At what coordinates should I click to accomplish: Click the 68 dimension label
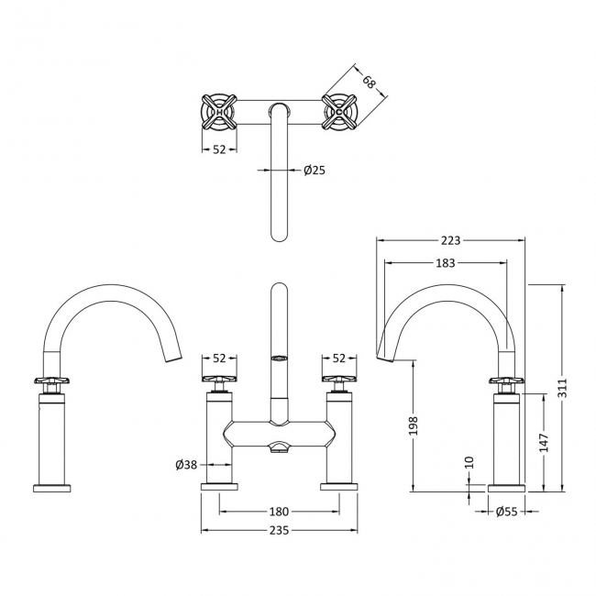pyautogui.click(x=370, y=83)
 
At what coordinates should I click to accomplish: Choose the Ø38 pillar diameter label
pyautogui.click(x=187, y=464)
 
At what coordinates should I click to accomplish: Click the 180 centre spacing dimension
pyautogui.click(x=280, y=512)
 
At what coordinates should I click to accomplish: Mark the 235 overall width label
pyautogui.click(x=280, y=531)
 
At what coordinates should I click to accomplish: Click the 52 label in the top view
pyautogui.click(x=219, y=149)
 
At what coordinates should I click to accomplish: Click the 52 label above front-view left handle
pyautogui.click(x=220, y=359)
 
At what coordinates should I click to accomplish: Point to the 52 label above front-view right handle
pyautogui.click(x=339, y=359)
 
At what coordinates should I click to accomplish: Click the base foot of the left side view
pyautogui.click(x=52, y=486)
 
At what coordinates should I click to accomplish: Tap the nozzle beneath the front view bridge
pyautogui.click(x=280, y=447)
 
